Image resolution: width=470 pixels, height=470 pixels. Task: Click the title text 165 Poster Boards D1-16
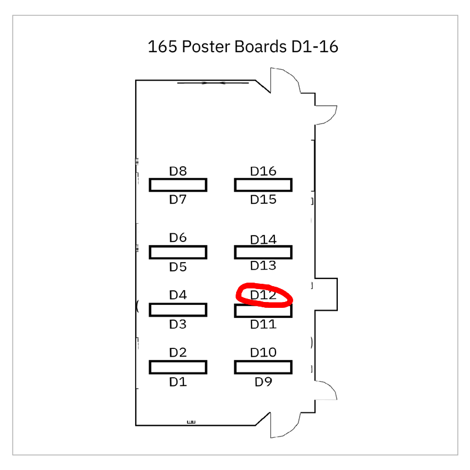[x=243, y=46]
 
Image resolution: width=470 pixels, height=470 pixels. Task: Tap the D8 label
[x=178, y=172]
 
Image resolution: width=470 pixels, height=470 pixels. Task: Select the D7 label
[x=178, y=200]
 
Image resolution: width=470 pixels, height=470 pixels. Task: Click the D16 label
[x=263, y=172]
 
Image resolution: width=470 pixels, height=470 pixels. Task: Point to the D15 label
[x=263, y=200]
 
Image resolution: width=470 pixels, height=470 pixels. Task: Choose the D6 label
[x=178, y=238]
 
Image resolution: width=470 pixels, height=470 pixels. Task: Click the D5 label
[x=178, y=267]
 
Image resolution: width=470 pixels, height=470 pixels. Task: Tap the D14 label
[x=263, y=240]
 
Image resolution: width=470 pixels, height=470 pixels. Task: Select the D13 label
[x=263, y=266]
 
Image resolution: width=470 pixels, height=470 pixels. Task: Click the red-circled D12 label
[x=263, y=295]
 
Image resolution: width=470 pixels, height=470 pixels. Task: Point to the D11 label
[x=263, y=324]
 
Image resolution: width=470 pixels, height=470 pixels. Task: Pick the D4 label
[x=178, y=295]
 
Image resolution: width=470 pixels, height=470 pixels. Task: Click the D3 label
[x=178, y=324]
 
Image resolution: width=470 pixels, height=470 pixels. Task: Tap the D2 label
[x=178, y=352]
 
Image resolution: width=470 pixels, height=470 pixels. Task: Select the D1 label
[x=178, y=382]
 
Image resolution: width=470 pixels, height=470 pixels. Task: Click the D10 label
[x=263, y=352]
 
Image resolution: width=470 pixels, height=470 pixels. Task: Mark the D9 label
[x=263, y=382]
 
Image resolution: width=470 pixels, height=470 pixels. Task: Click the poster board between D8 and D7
[x=178, y=185]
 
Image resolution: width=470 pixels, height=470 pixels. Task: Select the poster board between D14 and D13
[x=263, y=252]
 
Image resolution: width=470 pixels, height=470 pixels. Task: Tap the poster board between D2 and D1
[x=178, y=367]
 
